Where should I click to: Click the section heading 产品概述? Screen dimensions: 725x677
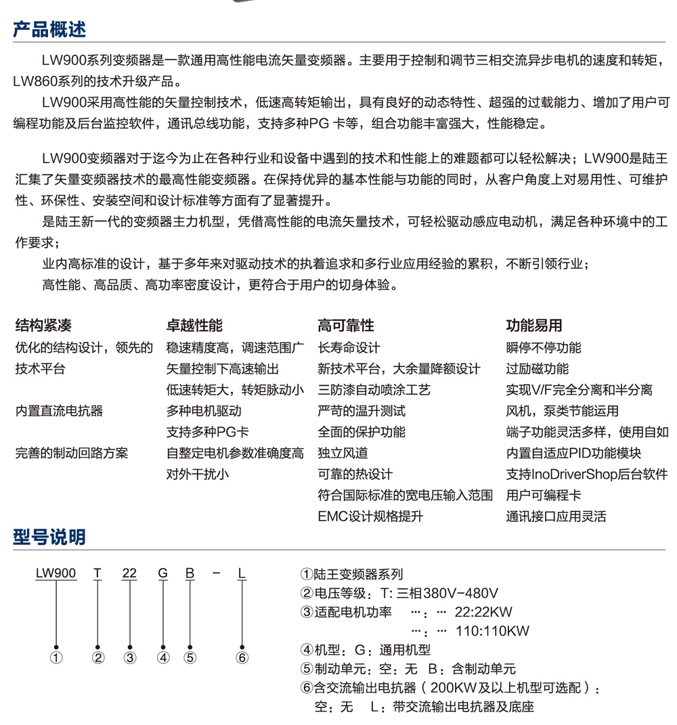point(50,30)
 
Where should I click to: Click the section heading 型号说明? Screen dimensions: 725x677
point(50,537)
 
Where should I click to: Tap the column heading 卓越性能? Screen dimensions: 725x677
point(194,326)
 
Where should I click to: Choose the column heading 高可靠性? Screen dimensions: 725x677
point(346,326)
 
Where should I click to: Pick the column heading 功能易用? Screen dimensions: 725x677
point(534,326)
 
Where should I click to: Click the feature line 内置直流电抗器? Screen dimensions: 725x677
point(59,411)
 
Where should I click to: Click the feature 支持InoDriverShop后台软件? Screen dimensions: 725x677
point(587,474)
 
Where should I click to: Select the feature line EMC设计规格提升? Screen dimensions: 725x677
point(370,517)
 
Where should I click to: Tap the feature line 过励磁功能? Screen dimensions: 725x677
point(538,369)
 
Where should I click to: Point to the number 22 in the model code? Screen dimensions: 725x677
point(129,574)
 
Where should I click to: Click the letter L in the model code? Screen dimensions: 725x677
point(242,574)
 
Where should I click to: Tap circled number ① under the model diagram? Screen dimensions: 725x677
point(56,657)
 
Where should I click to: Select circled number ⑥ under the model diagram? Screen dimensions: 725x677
point(242,657)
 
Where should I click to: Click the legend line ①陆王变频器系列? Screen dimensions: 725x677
point(351,575)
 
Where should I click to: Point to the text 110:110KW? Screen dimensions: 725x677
point(492,631)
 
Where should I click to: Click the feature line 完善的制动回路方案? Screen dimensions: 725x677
point(71,453)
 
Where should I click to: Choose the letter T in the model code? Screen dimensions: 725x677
point(98,574)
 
